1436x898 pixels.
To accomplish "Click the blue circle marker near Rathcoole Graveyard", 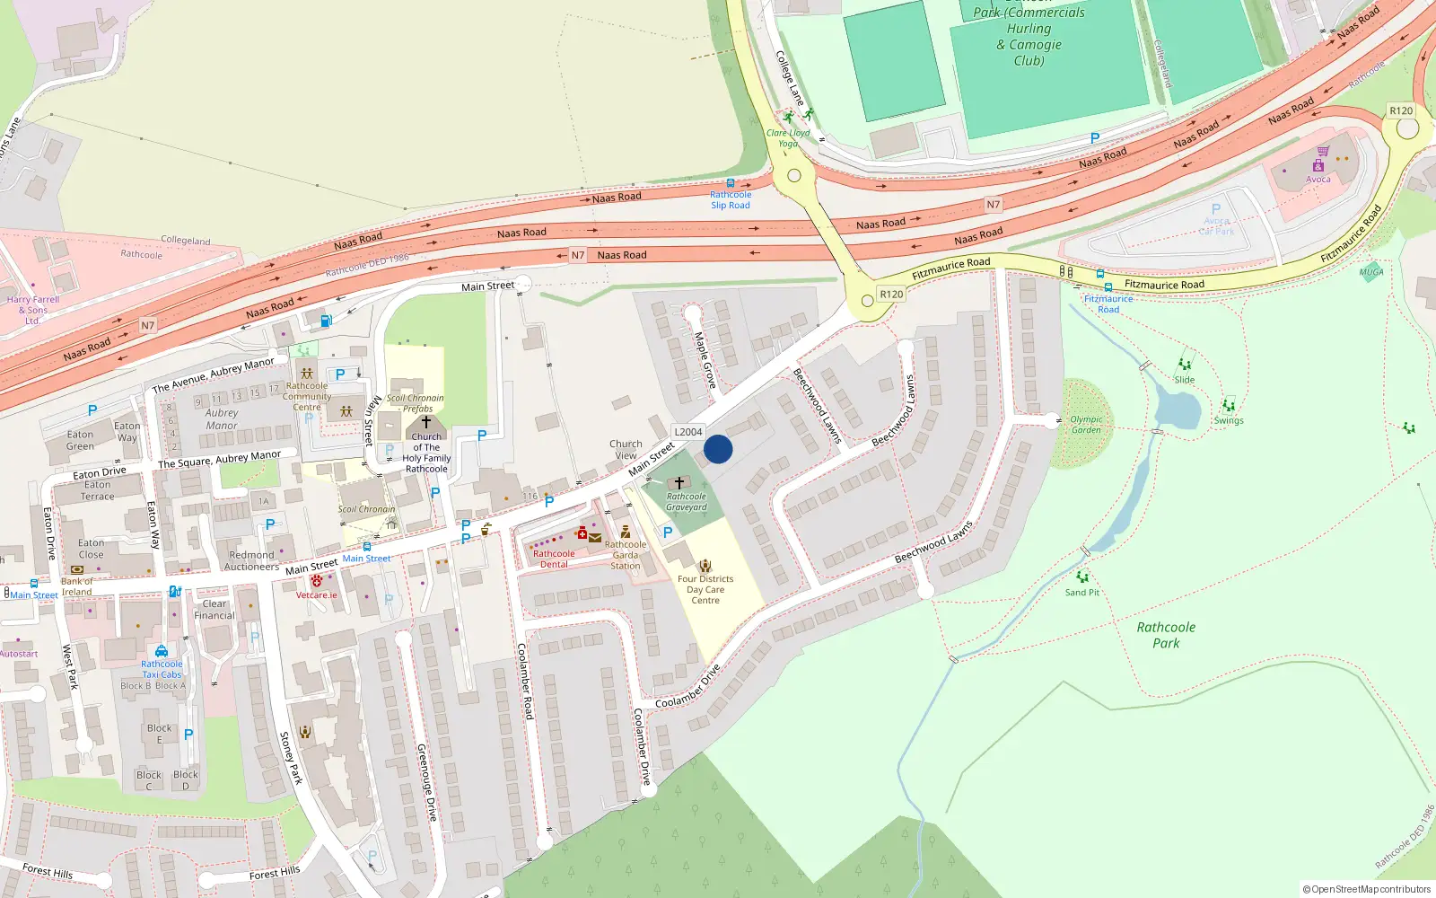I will [718, 449].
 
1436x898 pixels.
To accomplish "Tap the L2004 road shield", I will [688, 432].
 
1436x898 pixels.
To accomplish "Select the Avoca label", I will [1318, 180].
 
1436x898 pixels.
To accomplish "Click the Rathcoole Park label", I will [1166, 635].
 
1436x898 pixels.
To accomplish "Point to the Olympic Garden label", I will [1086, 425].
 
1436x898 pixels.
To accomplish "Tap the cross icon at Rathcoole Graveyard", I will [679, 483].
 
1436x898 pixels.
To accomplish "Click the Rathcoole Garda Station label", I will [626, 555].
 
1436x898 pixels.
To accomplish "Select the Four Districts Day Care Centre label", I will [705, 590].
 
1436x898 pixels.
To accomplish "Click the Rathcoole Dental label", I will [554, 559].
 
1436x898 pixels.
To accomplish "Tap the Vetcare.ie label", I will [317, 595].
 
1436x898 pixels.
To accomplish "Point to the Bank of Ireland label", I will [76, 586].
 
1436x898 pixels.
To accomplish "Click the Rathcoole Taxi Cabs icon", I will [162, 651].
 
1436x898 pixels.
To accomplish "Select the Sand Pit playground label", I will [1081, 593].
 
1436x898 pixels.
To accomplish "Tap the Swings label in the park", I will [1229, 420].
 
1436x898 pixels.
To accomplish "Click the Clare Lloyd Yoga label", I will [788, 138].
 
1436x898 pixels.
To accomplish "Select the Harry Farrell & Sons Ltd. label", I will [32, 310].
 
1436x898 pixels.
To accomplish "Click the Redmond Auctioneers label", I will [251, 561].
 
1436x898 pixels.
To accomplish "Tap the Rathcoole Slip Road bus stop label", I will [731, 199].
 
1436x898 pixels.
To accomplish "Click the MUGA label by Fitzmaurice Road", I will [1370, 272].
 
